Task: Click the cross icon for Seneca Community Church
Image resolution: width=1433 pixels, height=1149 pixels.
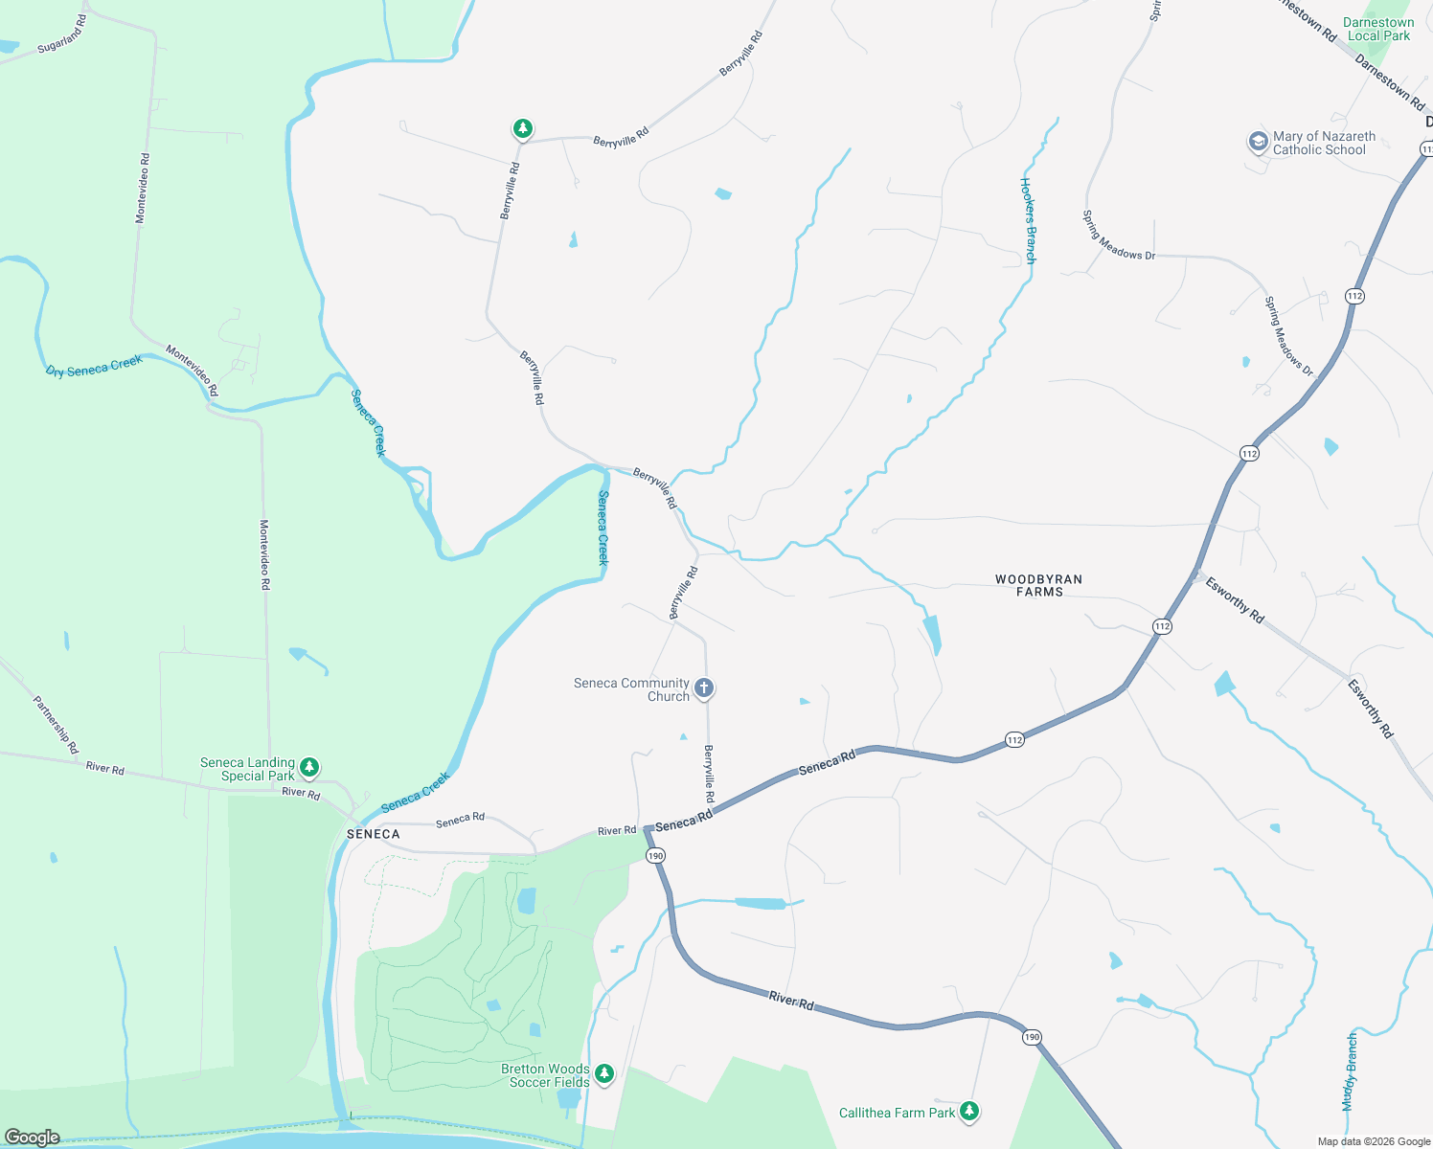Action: point(704,688)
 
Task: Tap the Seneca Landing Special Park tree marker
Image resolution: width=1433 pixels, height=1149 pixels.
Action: point(308,767)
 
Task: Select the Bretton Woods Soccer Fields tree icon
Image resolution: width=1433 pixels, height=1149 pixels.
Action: point(603,1073)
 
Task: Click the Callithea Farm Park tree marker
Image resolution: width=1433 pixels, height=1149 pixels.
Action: point(970,1111)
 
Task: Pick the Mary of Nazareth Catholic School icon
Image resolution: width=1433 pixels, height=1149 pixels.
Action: point(1257,142)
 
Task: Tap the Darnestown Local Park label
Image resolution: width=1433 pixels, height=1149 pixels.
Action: point(1378,29)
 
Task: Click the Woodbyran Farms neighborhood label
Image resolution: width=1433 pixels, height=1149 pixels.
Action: point(1038,585)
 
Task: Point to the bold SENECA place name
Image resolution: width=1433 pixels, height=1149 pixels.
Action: point(373,834)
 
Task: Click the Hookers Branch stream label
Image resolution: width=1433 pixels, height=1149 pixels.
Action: point(1028,220)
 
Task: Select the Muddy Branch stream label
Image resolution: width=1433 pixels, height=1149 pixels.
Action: point(1351,1071)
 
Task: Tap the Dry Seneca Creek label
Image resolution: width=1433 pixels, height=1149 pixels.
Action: point(94,366)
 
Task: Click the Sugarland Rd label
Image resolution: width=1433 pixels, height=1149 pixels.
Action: point(61,35)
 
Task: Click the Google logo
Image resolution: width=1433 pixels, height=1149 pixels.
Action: point(33,1138)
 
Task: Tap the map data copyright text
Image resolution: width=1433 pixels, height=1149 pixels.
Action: point(1374,1141)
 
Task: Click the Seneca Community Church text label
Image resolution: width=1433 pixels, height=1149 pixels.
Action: point(631,689)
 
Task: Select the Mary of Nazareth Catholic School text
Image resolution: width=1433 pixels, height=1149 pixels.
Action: point(1323,143)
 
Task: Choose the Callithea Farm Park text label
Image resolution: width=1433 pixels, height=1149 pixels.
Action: point(897,1113)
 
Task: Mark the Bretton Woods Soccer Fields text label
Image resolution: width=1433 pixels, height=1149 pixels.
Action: point(546,1075)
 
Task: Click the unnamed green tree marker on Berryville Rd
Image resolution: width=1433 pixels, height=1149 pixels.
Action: point(522,128)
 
